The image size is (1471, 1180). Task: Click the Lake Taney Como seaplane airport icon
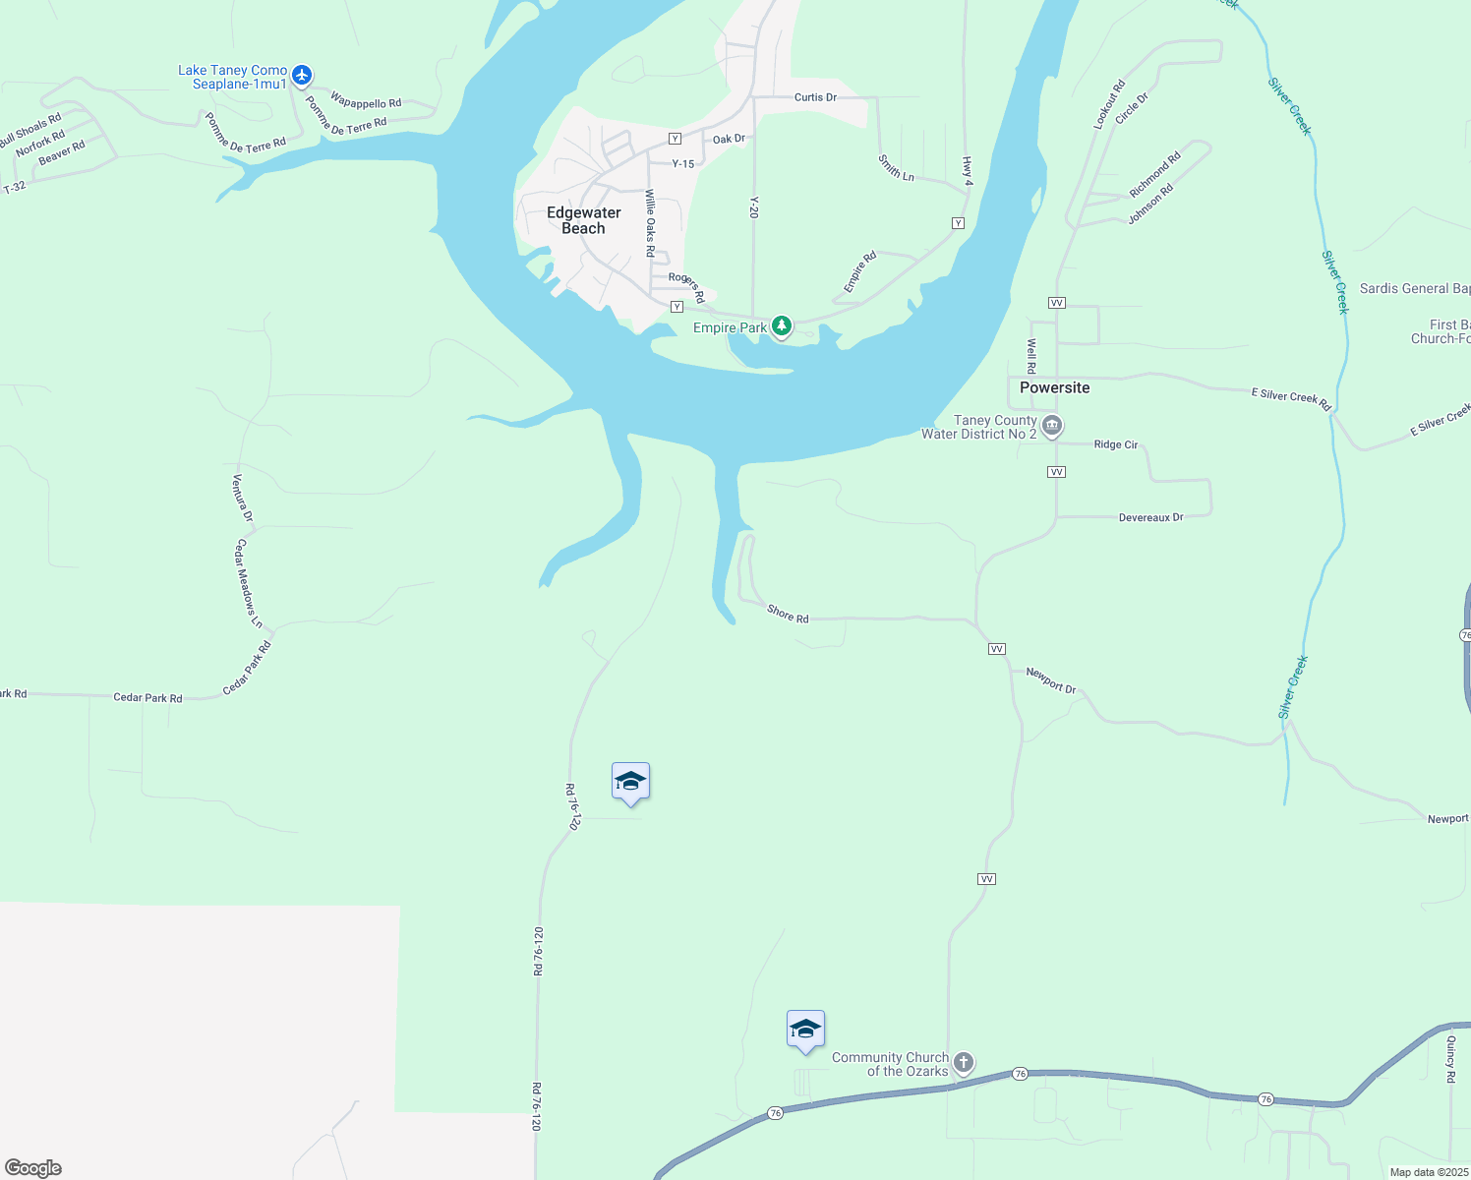302,75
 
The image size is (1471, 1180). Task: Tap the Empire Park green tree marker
782,325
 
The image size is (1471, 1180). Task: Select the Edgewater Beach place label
584,220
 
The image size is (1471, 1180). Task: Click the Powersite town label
1054,387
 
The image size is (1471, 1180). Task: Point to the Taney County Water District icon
1052,426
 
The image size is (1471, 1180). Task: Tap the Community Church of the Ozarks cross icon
964,1062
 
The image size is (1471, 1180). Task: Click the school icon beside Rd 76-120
630,782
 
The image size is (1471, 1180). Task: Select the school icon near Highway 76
805,1030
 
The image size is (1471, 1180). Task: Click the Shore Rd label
788,614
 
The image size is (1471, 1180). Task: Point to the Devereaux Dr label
1150,517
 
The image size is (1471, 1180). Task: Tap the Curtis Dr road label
815,97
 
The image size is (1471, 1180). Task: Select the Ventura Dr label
242,499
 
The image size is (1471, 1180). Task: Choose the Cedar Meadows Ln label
248,583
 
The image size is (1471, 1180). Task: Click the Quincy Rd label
1450,1058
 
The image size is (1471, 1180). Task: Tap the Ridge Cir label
1115,444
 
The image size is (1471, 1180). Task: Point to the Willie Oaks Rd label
650,223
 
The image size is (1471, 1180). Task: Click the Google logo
33,1168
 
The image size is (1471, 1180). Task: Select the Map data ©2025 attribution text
1429,1172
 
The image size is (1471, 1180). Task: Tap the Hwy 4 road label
968,171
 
